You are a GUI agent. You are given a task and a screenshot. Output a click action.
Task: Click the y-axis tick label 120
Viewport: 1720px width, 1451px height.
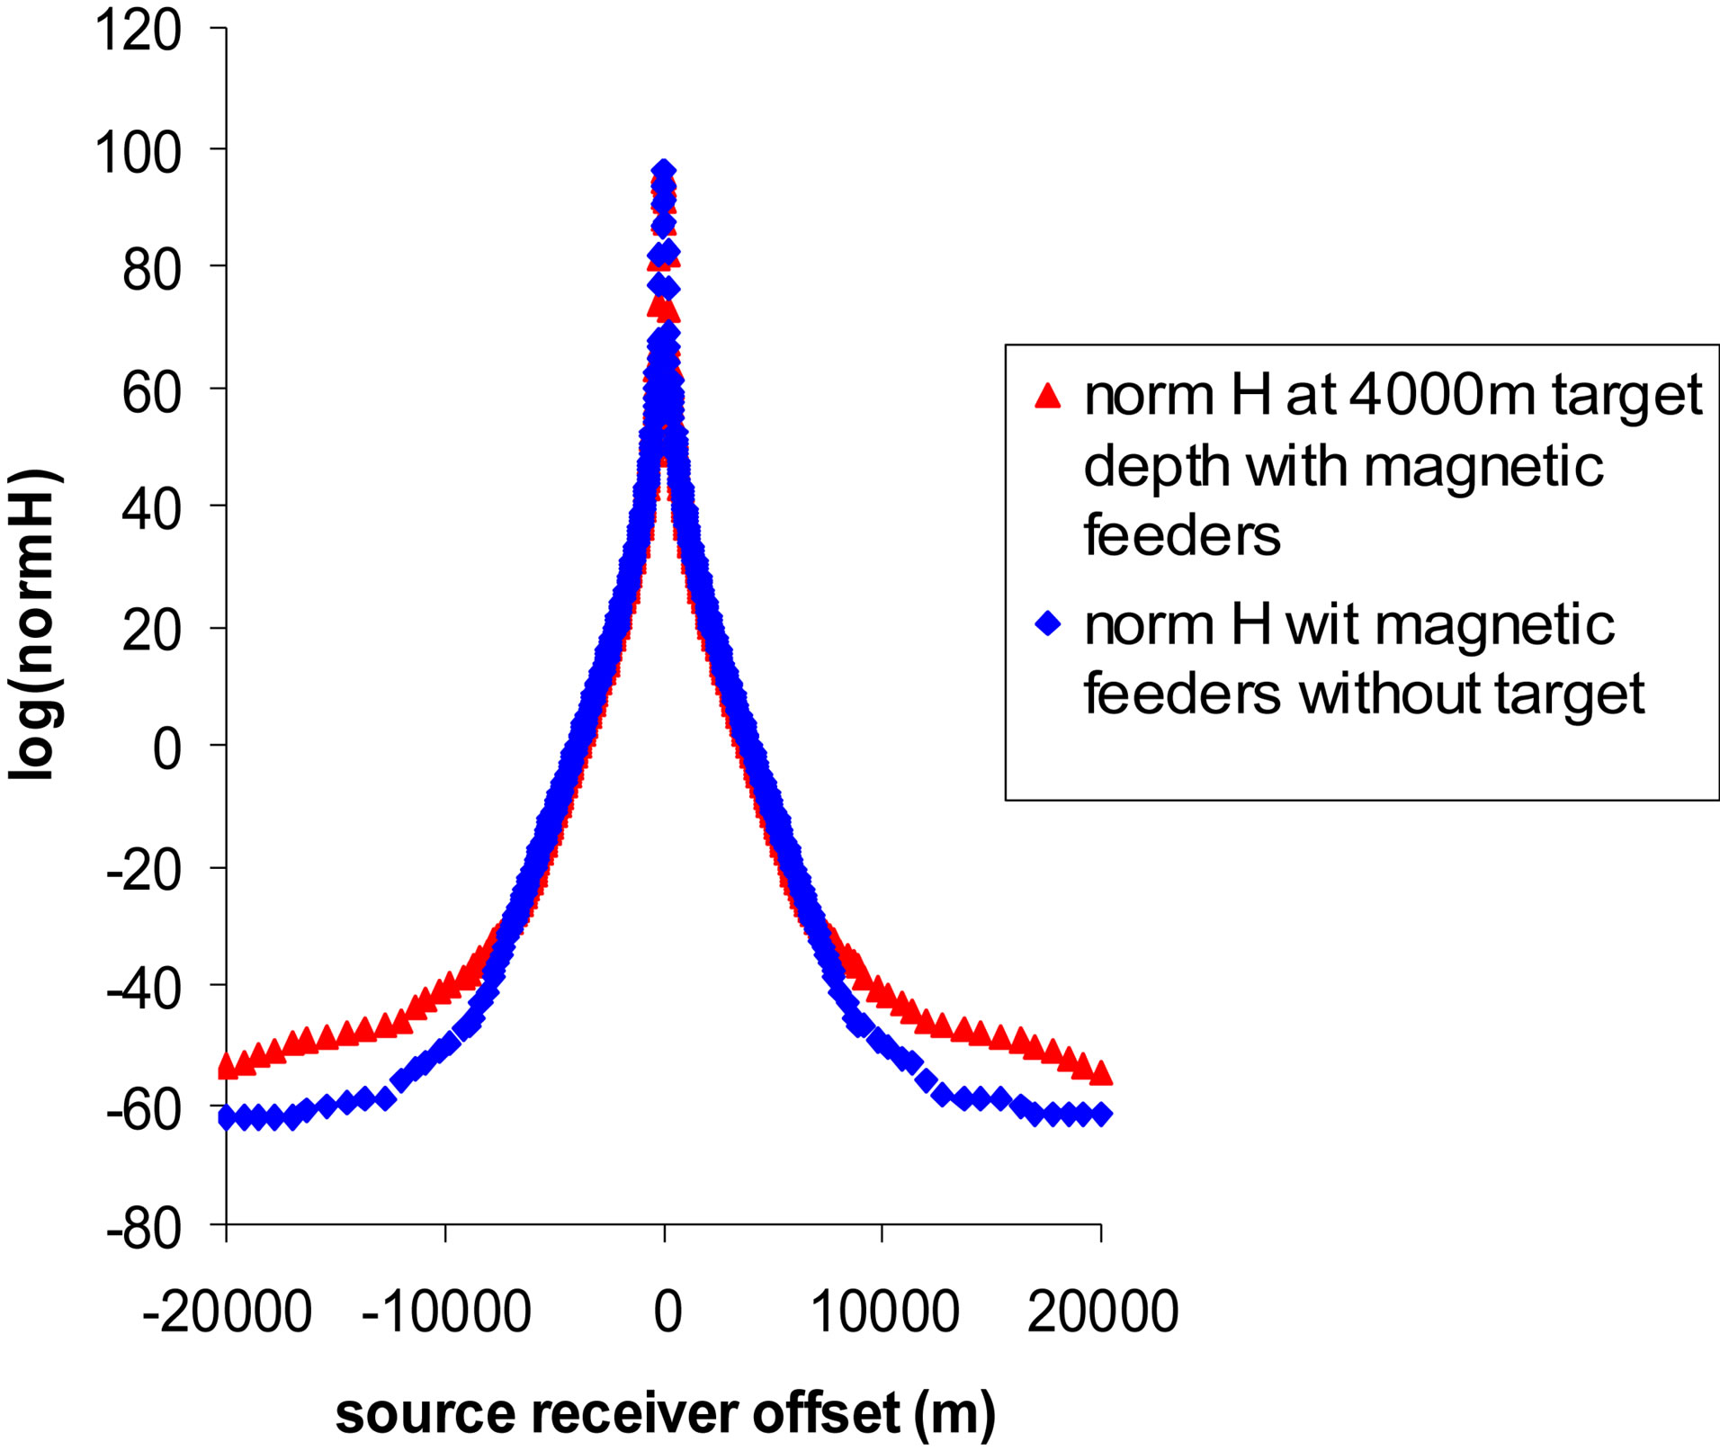(x=138, y=31)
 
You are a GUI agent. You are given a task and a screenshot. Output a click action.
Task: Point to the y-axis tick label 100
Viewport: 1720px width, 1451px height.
(x=138, y=152)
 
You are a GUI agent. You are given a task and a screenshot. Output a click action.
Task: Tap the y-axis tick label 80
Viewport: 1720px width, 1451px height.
(x=152, y=269)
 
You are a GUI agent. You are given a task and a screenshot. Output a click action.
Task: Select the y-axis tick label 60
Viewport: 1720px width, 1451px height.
(x=152, y=391)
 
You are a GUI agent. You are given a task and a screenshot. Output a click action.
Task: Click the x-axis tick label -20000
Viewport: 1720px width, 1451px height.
(x=227, y=1312)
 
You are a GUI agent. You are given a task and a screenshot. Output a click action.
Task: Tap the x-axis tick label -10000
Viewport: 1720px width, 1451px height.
(x=446, y=1312)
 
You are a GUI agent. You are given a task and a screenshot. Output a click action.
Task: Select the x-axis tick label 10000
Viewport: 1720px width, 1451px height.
(x=884, y=1312)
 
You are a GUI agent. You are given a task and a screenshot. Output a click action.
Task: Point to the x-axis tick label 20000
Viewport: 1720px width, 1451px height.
(x=1102, y=1312)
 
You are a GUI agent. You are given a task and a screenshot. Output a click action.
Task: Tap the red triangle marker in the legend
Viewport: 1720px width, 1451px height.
(x=1048, y=395)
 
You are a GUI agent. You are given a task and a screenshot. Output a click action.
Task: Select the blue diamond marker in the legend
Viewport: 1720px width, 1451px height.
(x=1048, y=623)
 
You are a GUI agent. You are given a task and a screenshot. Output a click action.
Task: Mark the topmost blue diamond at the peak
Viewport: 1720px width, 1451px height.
(x=664, y=171)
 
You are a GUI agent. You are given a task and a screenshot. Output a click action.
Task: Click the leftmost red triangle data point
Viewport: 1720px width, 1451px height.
(x=228, y=1066)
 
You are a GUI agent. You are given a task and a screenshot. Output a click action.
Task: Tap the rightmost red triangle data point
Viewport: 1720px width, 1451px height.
(x=1101, y=1073)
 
